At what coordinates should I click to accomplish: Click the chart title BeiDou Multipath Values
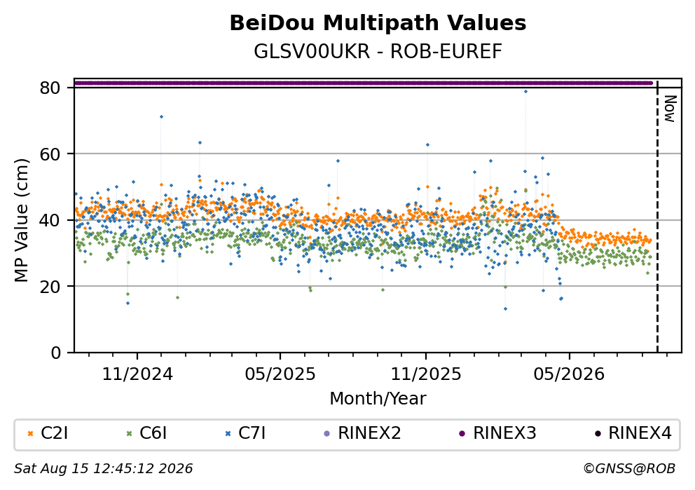click(x=378, y=23)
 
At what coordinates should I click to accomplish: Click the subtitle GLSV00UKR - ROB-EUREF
click(x=378, y=52)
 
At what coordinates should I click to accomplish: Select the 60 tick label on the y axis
click(x=50, y=154)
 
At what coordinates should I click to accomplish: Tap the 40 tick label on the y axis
click(x=50, y=220)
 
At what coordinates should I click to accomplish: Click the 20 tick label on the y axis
click(x=50, y=286)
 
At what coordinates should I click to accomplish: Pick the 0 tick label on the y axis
click(x=56, y=353)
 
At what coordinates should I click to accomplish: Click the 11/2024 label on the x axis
click(x=137, y=374)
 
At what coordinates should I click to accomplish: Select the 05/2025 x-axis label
click(x=280, y=374)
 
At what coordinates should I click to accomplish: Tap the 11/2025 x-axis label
click(x=426, y=374)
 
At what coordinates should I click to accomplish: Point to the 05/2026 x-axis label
click(x=569, y=374)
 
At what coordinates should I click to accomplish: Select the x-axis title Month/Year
click(x=378, y=399)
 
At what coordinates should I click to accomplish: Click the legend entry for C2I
click(x=48, y=433)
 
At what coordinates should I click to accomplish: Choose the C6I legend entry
click(x=146, y=433)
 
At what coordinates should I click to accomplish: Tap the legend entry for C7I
click(x=245, y=433)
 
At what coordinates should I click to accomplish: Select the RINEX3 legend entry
click(x=497, y=433)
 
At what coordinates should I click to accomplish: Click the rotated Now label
click(x=670, y=109)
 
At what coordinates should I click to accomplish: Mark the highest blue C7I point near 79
click(x=525, y=91)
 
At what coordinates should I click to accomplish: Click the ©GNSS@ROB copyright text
click(x=629, y=468)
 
